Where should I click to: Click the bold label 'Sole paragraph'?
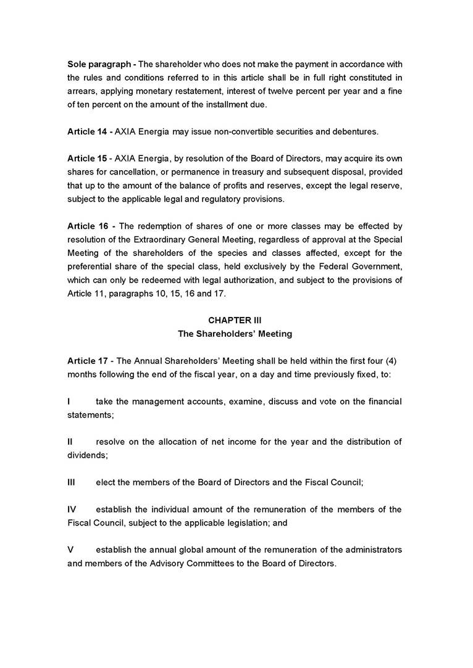click(98, 64)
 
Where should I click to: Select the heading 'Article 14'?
click(87, 132)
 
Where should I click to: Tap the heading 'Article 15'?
click(87, 159)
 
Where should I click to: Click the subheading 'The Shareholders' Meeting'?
click(235, 334)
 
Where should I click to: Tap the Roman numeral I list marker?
click(69, 402)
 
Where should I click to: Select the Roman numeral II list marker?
click(70, 442)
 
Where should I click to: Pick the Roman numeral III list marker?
click(71, 482)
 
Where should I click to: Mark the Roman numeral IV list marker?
click(72, 509)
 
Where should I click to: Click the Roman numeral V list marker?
click(70, 550)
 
